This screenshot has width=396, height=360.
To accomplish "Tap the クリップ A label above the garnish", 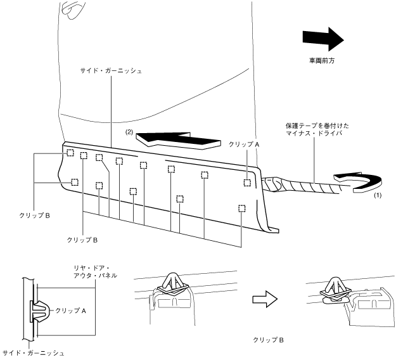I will pos(244,145).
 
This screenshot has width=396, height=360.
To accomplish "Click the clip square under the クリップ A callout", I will pos(247,183).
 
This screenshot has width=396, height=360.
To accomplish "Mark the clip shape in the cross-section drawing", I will pos(39,311).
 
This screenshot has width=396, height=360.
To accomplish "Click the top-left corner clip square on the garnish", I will pos(70,153).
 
